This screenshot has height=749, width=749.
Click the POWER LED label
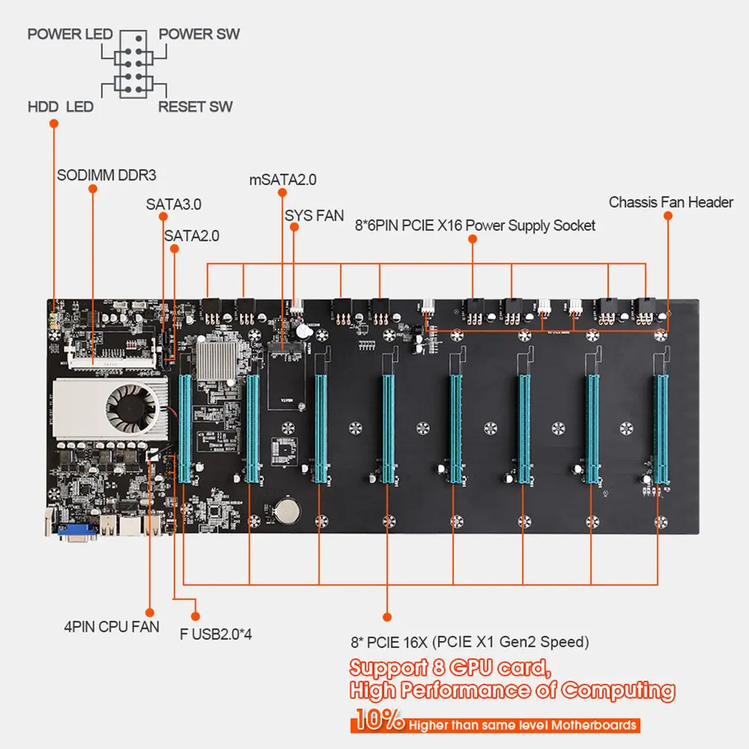[x=70, y=34]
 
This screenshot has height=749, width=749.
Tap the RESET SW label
[x=195, y=107]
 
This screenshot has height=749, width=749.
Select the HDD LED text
[x=61, y=107]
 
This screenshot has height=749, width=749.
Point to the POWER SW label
[x=199, y=34]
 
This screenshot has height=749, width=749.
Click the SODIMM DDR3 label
[x=107, y=176]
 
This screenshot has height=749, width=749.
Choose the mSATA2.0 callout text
[x=283, y=179]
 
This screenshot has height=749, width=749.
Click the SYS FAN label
[x=314, y=216]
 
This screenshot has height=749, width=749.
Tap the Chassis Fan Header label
[x=670, y=202]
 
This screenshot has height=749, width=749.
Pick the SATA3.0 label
[x=174, y=202]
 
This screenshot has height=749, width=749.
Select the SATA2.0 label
[x=192, y=236]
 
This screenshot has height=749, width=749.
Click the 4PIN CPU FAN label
[x=111, y=627]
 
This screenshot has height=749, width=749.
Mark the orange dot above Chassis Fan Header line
[x=667, y=216]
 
